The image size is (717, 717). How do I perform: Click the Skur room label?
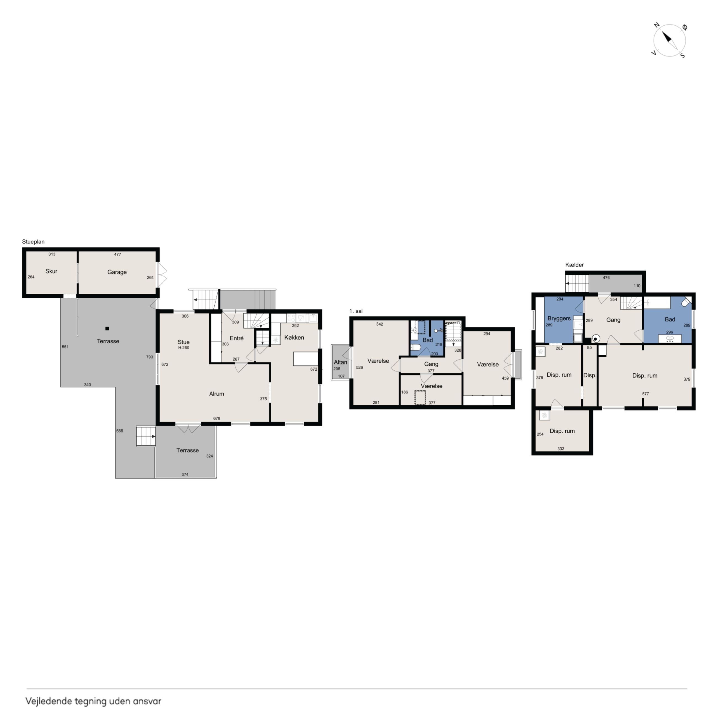[51, 271]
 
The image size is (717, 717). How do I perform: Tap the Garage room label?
[117, 272]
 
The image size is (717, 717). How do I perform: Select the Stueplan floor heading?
[33, 242]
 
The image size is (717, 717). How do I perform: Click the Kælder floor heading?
[574, 265]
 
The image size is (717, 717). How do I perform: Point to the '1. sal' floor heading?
[356, 311]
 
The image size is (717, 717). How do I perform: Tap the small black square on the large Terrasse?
[107, 328]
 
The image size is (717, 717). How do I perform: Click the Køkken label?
[294, 337]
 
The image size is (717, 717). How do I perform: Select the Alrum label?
[216, 394]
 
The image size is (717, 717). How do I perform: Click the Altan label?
[340, 362]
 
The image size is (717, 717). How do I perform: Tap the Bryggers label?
[559, 319]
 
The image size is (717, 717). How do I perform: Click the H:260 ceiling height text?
[184, 348]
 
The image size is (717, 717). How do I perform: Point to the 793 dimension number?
[149, 357]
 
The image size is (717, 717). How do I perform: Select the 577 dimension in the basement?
[646, 394]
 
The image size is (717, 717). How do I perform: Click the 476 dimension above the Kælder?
[606, 278]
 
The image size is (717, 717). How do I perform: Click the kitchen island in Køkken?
[306, 359]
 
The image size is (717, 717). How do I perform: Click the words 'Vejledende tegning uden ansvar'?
[93, 701]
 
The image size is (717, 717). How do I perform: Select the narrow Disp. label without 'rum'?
[590, 375]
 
